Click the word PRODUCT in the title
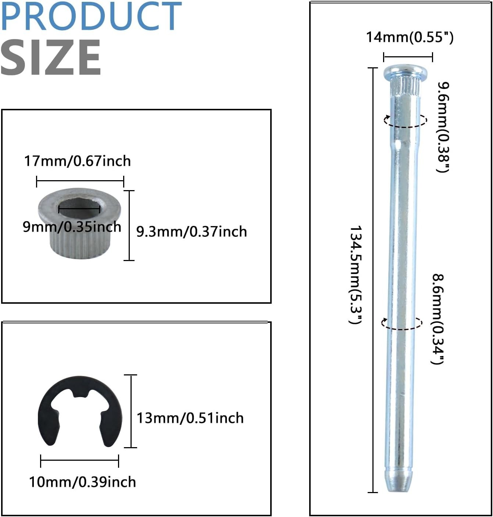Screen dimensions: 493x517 pyautogui.click(x=91, y=16)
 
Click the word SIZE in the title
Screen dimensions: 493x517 pyautogui.click(x=51, y=57)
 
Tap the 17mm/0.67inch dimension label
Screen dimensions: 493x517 pyautogui.click(x=77, y=161)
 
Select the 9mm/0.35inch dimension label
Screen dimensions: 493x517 pyautogui.click(x=72, y=227)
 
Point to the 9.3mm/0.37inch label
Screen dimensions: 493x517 pyautogui.click(x=192, y=232)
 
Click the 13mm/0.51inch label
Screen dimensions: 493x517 pyautogui.click(x=190, y=418)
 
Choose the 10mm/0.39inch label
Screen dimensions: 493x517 pyautogui.click(x=82, y=482)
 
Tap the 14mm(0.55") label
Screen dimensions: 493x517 pyautogui.click(x=410, y=37)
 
